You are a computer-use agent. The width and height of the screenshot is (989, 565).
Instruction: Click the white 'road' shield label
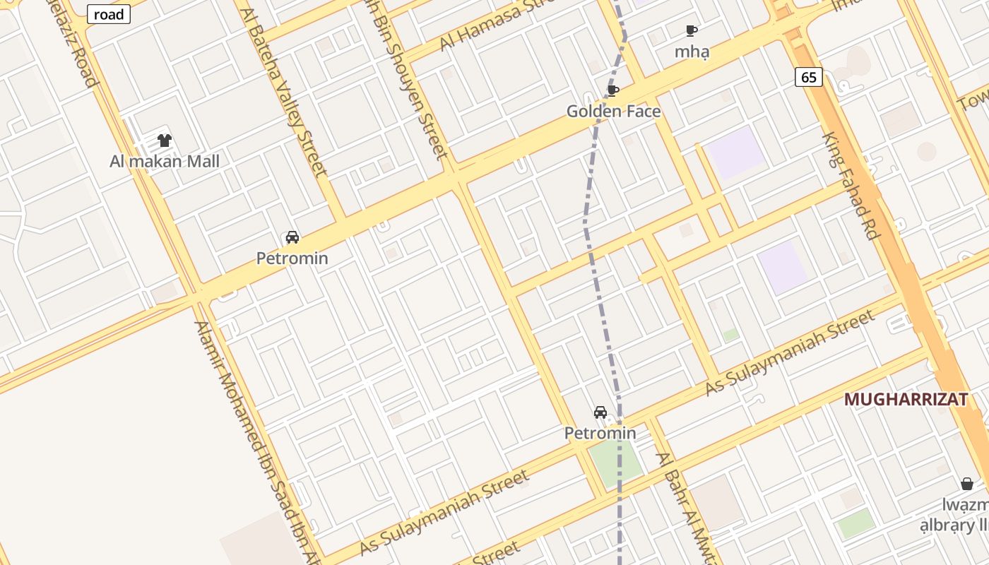pos(109,14)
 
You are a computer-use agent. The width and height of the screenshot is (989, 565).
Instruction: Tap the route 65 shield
pos(809,77)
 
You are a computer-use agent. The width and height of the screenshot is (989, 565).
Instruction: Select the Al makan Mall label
pos(165,161)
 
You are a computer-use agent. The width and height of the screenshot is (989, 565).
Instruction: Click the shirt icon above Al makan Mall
pos(165,141)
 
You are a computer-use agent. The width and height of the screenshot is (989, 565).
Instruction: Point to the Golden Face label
pos(613,111)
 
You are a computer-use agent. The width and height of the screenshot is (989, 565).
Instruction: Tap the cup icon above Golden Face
pos(613,90)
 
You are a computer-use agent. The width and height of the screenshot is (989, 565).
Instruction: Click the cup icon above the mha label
pos(692,30)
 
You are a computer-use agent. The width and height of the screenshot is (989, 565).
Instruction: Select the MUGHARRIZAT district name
pos(906,399)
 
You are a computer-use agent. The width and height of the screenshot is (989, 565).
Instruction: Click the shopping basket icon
pos(967,484)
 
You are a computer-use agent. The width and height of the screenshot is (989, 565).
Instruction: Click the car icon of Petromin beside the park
pos(600,412)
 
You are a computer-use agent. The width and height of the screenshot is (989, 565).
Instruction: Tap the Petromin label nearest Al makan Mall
pos(292,258)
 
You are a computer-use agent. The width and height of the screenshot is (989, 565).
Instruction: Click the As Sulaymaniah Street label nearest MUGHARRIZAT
pos(790,352)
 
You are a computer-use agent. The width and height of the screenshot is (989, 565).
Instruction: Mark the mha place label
pos(692,52)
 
